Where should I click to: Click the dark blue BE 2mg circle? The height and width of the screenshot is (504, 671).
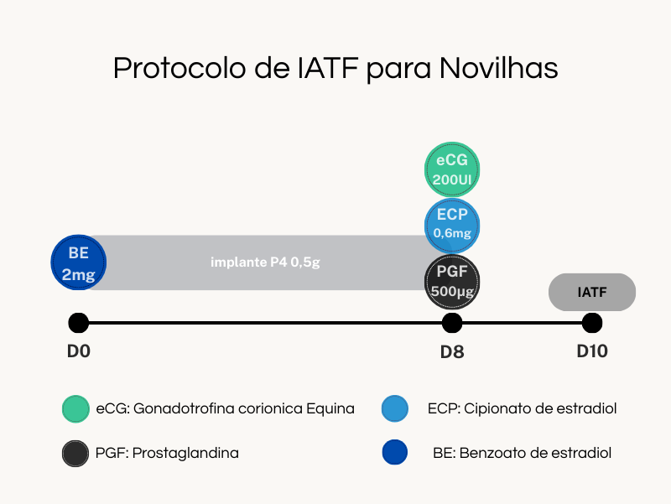[x=79, y=262]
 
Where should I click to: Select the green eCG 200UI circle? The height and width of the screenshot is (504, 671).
[x=452, y=169]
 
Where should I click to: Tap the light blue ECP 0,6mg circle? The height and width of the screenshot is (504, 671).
[x=452, y=226]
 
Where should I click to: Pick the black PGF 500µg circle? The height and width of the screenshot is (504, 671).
[x=452, y=282]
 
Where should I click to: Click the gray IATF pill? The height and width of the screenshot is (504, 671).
[x=592, y=292]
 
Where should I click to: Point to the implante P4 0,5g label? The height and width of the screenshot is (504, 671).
[x=265, y=262]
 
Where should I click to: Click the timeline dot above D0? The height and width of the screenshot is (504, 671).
[x=79, y=323]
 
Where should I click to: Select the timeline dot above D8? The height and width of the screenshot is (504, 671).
[x=452, y=323]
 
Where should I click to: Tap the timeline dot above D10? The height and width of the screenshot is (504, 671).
[x=592, y=323]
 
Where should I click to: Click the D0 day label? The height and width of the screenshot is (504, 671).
[x=79, y=351]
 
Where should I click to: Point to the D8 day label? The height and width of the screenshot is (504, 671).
[x=452, y=352]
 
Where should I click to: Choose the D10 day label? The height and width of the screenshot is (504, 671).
[x=592, y=351]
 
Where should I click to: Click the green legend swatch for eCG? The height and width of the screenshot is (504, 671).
[x=75, y=408]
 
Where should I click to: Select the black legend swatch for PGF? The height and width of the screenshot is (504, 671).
[x=75, y=453]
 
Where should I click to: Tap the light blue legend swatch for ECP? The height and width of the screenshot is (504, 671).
[x=394, y=408]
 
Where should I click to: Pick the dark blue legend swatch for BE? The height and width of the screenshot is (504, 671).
[x=394, y=452]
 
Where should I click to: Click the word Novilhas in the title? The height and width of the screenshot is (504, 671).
[x=498, y=69]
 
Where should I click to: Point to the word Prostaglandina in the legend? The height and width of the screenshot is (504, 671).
[x=185, y=453]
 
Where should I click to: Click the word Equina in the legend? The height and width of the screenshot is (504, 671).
[x=330, y=409]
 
